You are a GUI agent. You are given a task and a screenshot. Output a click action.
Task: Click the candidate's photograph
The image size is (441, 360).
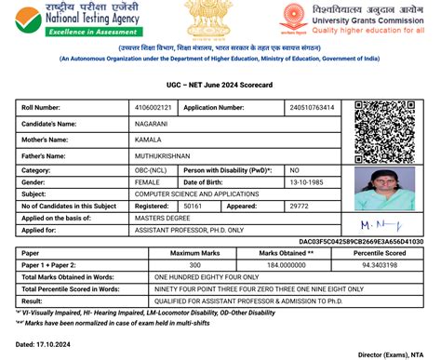[388, 186]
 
